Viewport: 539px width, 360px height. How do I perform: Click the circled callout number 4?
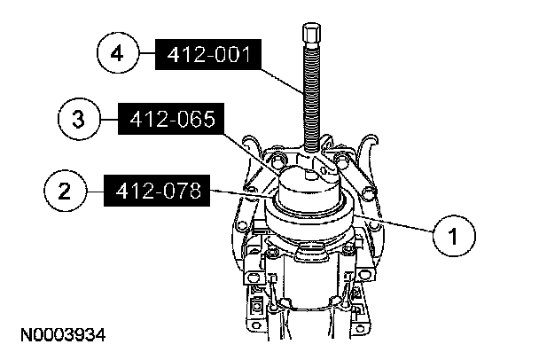pos(118,53)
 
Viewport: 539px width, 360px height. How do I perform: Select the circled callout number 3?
pos(79,119)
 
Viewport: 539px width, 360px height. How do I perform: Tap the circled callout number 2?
pos(65,191)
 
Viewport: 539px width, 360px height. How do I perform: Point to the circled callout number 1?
pos(454,236)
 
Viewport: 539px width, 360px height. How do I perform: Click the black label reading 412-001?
pos(208,55)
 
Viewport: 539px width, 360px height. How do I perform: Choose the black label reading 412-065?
pos(171,119)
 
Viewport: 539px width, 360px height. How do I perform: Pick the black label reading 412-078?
pos(157,191)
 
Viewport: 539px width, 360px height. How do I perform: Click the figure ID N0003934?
pos(63,335)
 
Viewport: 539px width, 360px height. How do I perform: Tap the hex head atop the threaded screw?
pos(312,32)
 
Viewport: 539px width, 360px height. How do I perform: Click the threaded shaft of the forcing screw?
pos(312,97)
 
